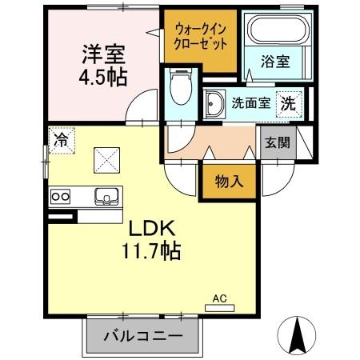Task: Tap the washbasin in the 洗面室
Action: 214,104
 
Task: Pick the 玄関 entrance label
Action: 278,144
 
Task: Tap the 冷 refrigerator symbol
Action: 61,139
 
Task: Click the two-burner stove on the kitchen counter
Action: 61,195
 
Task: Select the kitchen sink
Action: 106,195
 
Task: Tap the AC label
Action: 219,298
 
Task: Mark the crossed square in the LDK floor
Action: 106,158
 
